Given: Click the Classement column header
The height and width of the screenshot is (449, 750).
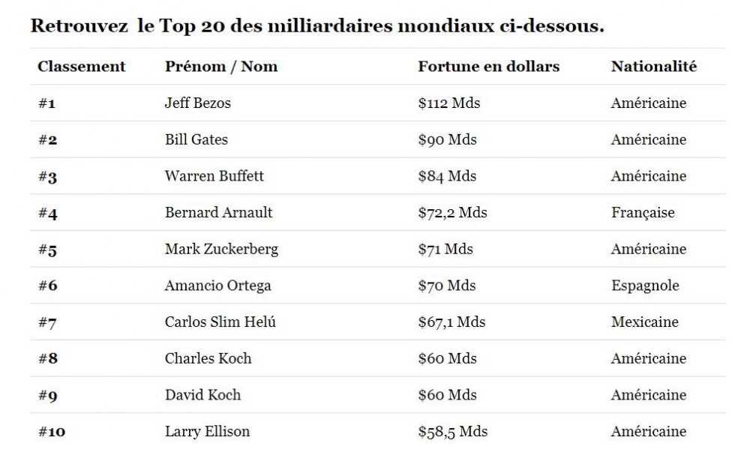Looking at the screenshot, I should click(82, 67).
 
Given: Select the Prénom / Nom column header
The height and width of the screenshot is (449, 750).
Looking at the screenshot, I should click(220, 67).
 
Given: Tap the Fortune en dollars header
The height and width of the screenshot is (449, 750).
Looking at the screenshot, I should click(488, 67).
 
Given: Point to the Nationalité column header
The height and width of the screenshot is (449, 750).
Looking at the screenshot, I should click(653, 67).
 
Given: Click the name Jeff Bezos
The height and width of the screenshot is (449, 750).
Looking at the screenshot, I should click(197, 103).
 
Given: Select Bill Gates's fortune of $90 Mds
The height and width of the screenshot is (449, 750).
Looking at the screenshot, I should click(447, 139).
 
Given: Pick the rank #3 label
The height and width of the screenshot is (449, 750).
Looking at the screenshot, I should click(47, 177).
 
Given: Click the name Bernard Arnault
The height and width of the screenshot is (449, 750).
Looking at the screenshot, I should click(218, 213).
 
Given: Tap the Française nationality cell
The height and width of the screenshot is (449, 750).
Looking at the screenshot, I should click(643, 213).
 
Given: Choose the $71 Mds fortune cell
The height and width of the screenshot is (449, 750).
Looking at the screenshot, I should click(445, 250).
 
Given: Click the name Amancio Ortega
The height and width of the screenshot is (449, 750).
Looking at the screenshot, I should click(217, 286).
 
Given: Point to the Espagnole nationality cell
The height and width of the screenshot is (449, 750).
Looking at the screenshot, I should click(645, 286).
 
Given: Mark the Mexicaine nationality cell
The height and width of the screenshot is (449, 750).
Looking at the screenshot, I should click(644, 322).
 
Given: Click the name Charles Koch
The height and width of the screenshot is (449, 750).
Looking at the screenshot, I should click(208, 358).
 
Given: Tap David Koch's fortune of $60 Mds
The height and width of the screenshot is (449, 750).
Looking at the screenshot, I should click(447, 395).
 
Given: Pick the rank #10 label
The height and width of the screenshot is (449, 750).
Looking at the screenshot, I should click(50, 432).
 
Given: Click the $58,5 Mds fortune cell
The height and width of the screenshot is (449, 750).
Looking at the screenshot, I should click(452, 432).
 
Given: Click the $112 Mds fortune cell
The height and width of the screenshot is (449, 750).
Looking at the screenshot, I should click(448, 103).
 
